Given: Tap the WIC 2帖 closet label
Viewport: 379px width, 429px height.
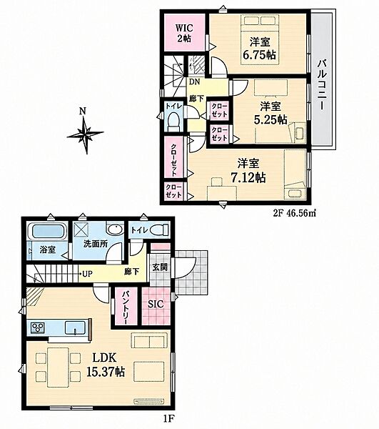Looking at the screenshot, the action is pos(183,33).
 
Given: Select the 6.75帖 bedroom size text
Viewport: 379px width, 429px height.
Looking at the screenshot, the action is pos(259,55).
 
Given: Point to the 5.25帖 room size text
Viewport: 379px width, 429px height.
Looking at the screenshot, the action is pos(271,119).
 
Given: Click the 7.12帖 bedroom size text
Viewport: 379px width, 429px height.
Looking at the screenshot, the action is pos(248,178).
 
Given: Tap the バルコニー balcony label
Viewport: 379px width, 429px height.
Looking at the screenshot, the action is pos(324,85).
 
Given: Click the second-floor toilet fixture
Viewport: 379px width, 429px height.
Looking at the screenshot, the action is pos(173,122).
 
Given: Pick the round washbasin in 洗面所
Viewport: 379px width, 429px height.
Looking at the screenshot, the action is pos(115,230).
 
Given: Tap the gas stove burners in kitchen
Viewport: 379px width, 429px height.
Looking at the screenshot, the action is pos(38,327).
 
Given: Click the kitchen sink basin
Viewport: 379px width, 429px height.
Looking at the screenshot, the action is pos(75,327).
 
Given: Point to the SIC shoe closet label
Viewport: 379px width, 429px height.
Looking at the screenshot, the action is pos(156,304).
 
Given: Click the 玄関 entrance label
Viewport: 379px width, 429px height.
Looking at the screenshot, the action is pos(160,267).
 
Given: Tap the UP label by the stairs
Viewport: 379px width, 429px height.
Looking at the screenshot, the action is pos(87,273).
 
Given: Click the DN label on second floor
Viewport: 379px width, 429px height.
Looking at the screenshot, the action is pos(194,82).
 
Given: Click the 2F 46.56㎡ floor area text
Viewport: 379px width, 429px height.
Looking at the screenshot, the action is pos(295,213).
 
